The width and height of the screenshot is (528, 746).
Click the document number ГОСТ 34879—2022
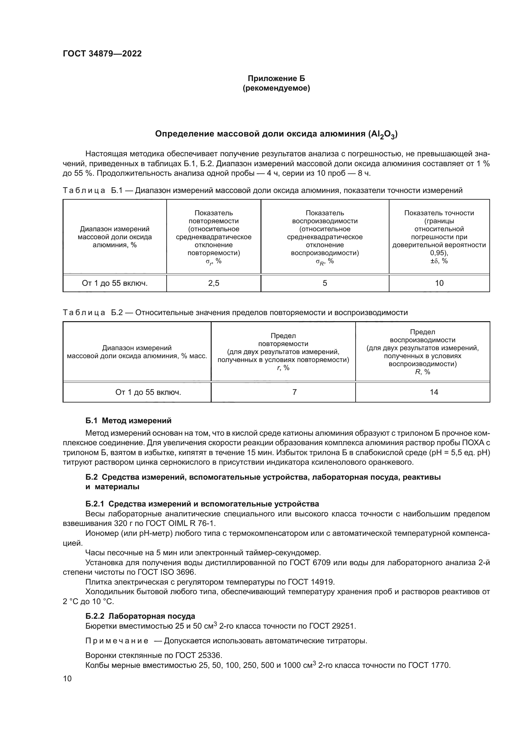(102, 54)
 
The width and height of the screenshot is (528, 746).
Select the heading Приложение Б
(276, 78)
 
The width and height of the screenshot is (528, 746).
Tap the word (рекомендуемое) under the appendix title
(276, 88)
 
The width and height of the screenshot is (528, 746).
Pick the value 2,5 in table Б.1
(214, 283)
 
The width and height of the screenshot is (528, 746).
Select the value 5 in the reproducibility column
(324, 283)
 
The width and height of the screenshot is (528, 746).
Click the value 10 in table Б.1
(439, 283)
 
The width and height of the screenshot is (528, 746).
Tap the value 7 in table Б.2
(294, 392)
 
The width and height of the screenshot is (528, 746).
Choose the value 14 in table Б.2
(434, 392)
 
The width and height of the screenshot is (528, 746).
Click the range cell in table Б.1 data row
(115, 283)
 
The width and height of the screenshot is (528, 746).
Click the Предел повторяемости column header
(283, 351)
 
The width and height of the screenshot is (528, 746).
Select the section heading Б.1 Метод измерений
(128, 421)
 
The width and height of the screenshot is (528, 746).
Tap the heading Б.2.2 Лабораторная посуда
(140, 616)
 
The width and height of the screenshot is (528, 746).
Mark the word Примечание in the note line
(117, 641)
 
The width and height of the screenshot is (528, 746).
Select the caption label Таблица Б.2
(92, 313)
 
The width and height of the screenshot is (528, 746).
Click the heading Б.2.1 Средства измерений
(202, 504)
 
